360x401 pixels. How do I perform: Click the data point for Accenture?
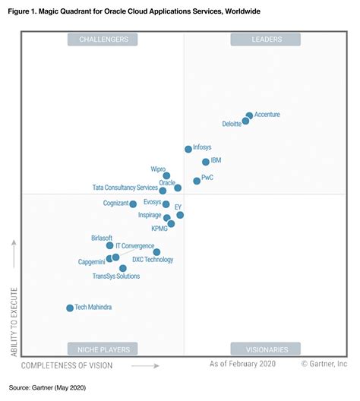[249, 115]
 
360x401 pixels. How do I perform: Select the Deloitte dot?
[245, 121]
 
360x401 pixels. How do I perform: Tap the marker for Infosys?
[188, 149]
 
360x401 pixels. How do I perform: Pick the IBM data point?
[206, 162]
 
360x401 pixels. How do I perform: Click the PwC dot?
[197, 181]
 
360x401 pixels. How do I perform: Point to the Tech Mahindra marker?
[70, 308]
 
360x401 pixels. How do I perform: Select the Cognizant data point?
[133, 204]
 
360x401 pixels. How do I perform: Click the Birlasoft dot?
[109, 245]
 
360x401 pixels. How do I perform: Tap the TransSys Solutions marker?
[123, 268]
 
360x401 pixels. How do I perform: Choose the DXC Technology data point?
[156, 251]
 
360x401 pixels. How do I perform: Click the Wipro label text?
[158, 168]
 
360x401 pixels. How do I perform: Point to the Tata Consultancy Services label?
[125, 188]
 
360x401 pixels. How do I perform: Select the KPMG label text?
[159, 229]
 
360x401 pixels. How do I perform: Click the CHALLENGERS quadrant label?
[103, 39]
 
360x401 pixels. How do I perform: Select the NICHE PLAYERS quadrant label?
[103, 349]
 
